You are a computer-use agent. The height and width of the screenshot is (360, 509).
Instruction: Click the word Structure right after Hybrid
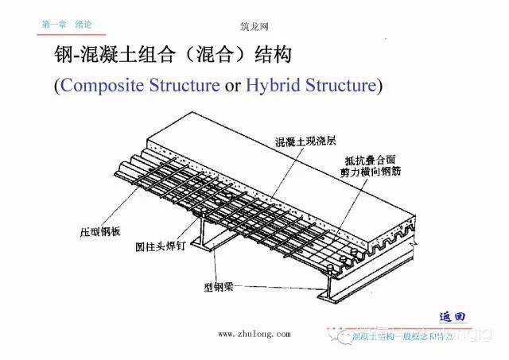tap(338, 84)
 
